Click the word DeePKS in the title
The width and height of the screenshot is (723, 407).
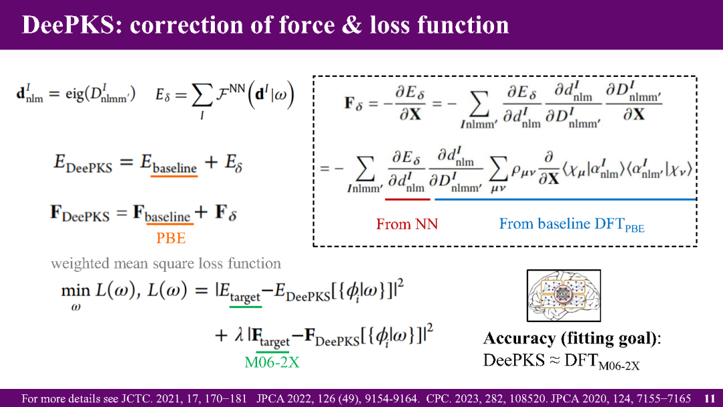[68, 25]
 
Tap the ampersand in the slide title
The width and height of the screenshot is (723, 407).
[353, 25]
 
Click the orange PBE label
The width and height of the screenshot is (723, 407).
[171, 238]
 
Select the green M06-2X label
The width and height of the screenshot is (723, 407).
[272, 362]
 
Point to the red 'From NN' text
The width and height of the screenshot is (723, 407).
[407, 224]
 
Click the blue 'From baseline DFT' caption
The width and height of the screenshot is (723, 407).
[572, 224]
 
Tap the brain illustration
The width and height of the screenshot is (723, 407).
[564, 295]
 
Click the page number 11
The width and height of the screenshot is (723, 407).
[710, 398]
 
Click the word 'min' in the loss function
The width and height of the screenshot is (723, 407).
[76, 291]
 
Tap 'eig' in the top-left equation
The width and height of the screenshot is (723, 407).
[75, 94]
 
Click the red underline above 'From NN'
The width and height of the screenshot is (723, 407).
[408, 199]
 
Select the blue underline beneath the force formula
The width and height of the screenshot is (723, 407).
[565, 199]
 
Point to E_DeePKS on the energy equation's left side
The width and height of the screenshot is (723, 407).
[83, 163]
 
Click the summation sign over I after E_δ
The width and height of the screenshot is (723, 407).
[202, 96]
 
